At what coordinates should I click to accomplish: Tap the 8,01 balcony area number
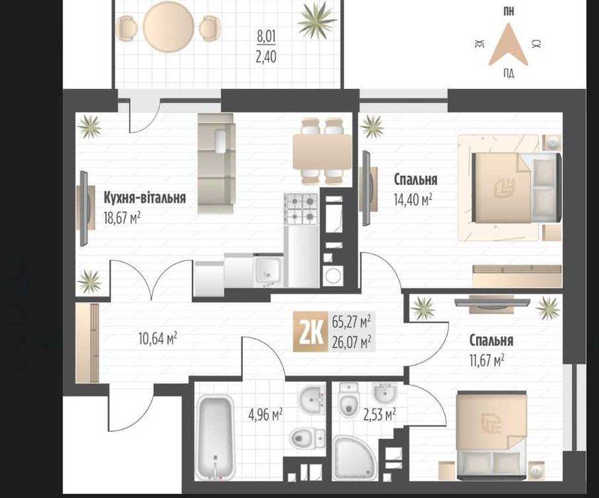(x=266, y=37)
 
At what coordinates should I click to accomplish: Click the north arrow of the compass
(x=508, y=44)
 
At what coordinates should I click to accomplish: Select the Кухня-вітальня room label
(x=145, y=198)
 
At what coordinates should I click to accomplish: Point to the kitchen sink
(x=269, y=270)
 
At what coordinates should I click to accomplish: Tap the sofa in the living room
(x=216, y=163)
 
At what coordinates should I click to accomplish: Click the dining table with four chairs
(x=322, y=152)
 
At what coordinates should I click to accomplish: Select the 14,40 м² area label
(x=413, y=200)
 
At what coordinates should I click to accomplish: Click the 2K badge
(x=311, y=332)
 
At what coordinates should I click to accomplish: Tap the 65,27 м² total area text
(x=352, y=322)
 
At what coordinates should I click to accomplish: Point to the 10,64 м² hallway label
(x=158, y=338)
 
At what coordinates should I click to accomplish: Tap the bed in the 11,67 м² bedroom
(x=492, y=435)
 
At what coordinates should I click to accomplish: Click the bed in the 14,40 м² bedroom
(x=516, y=187)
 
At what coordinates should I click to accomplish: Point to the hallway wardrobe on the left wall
(x=87, y=343)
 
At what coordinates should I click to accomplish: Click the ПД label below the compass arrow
(x=508, y=73)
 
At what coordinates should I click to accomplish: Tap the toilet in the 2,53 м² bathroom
(x=348, y=400)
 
